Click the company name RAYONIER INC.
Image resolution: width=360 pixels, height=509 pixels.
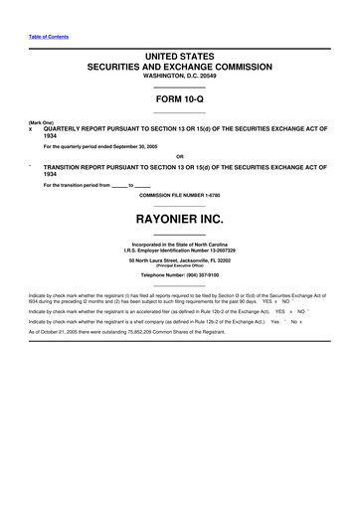179,217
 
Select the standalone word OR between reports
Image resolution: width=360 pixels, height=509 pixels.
179,156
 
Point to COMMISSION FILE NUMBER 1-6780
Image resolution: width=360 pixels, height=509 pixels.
179,195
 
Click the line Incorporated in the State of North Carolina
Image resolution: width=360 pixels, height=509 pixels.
179,243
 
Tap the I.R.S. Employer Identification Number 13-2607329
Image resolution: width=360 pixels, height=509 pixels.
179,250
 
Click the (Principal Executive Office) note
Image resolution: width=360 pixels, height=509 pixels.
179,265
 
